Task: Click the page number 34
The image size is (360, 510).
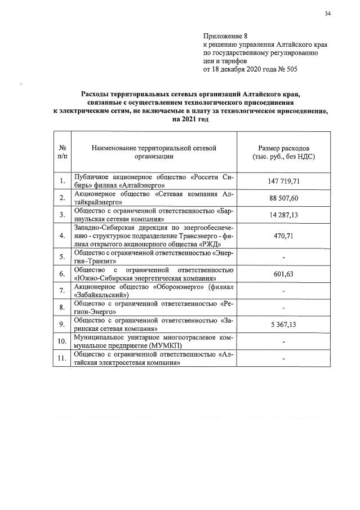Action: [x=327, y=13]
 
